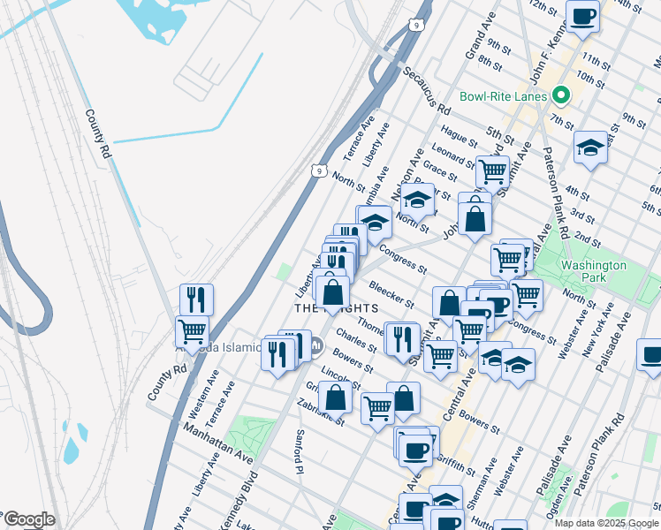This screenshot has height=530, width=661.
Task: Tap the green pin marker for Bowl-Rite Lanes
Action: point(559,95)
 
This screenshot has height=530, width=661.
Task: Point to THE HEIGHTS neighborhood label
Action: point(336,308)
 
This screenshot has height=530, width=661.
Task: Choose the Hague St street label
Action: point(460,134)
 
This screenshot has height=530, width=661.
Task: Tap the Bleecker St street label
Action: point(392,294)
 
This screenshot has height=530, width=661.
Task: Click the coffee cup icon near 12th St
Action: point(582,16)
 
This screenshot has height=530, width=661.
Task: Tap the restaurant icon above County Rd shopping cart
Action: point(196,299)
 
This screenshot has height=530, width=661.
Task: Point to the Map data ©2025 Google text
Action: point(606,523)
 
